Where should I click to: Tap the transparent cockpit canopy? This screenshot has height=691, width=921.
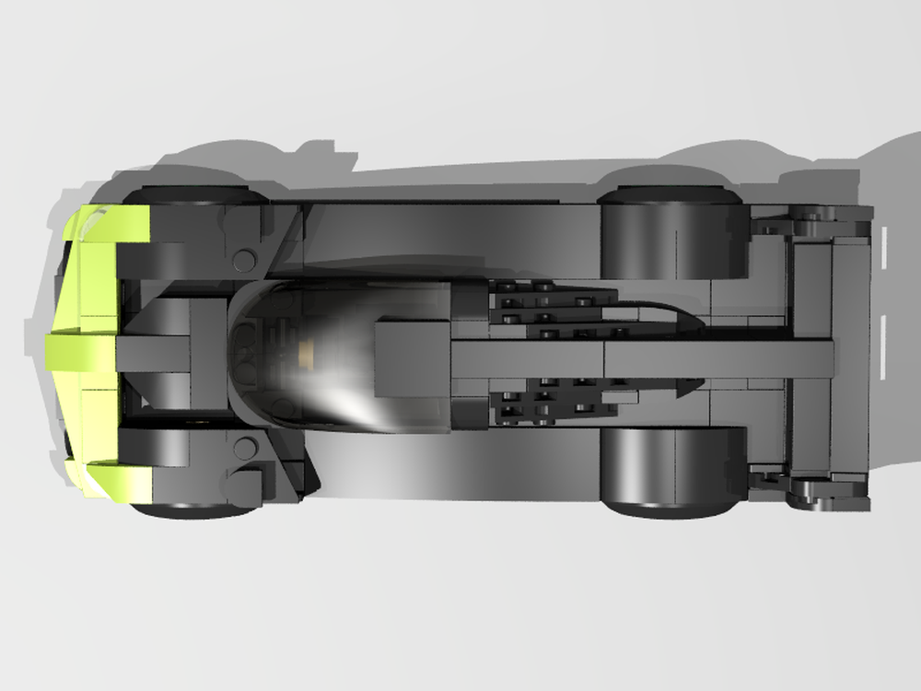(x=332, y=355)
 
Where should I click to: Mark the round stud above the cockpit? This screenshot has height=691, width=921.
(x=244, y=261)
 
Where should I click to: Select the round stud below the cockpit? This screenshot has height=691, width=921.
(x=244, y=449)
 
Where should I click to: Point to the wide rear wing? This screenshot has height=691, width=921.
(x=829, y=355)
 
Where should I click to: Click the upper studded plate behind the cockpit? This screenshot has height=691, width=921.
(x=553, y=304)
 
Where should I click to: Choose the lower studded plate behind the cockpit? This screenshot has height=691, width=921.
(x=553, y=401)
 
